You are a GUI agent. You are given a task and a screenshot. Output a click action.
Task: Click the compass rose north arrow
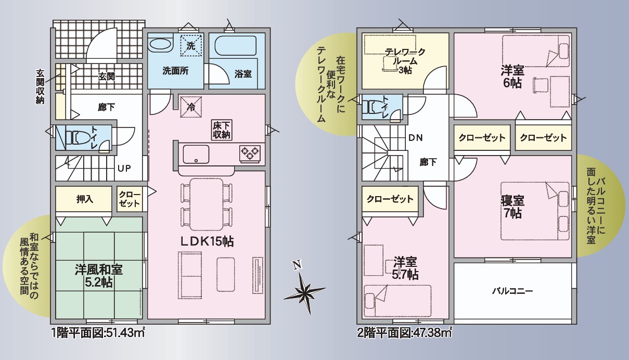304,291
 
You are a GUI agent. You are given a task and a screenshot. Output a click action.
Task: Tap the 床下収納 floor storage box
222,130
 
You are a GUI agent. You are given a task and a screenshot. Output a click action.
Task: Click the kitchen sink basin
196,154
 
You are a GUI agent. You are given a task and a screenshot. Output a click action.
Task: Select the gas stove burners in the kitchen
250,154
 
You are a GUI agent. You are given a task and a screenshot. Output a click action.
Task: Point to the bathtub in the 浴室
236,46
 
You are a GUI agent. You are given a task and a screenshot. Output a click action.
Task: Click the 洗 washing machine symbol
191,45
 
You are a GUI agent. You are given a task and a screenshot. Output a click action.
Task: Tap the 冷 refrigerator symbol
191,107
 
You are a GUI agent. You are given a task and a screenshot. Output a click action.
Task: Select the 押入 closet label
84,199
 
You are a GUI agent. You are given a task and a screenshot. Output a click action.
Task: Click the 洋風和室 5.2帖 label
98,276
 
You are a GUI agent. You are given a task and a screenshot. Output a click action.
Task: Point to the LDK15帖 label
207,241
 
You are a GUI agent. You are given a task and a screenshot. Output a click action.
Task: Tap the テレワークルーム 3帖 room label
405,61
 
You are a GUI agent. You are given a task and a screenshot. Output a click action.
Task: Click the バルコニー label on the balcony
512,291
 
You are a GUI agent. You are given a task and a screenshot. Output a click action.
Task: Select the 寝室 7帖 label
512,207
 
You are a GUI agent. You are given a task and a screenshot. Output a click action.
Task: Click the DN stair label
415,138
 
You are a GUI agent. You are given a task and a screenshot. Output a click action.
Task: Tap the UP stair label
124,168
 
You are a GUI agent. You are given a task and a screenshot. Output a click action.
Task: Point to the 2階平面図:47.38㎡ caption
404,333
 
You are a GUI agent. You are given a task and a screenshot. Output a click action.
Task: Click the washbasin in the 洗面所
160,45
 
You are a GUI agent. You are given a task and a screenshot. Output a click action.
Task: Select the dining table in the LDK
207,204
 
